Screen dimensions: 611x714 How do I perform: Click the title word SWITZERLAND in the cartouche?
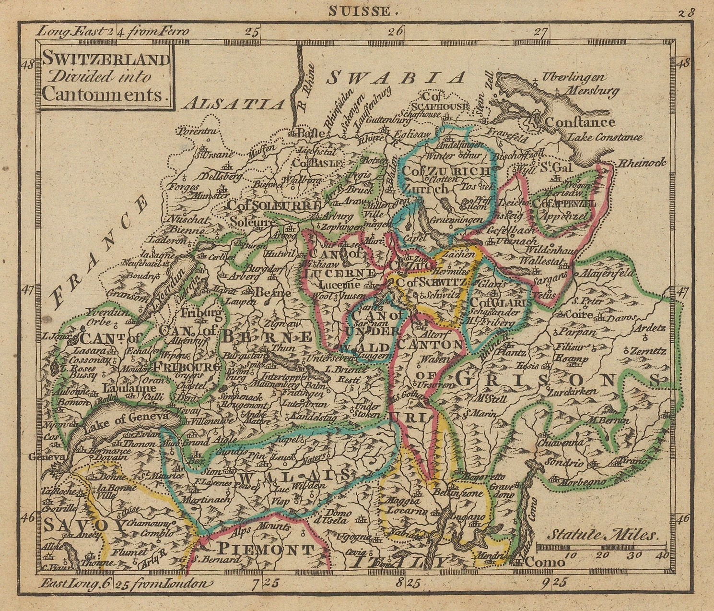point(106,60)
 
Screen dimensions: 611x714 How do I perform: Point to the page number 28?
point(686,12)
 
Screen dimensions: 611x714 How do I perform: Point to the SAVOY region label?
point(84,524)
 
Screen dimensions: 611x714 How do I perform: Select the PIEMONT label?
point(266,549)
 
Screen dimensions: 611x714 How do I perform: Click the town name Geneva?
point(46,457)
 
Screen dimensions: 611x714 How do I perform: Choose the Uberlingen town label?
point(574,77)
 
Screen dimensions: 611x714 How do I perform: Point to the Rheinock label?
point(643,163)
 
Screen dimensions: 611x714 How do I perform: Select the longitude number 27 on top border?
point(540,33)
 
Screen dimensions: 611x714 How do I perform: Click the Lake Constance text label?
point(605,137)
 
